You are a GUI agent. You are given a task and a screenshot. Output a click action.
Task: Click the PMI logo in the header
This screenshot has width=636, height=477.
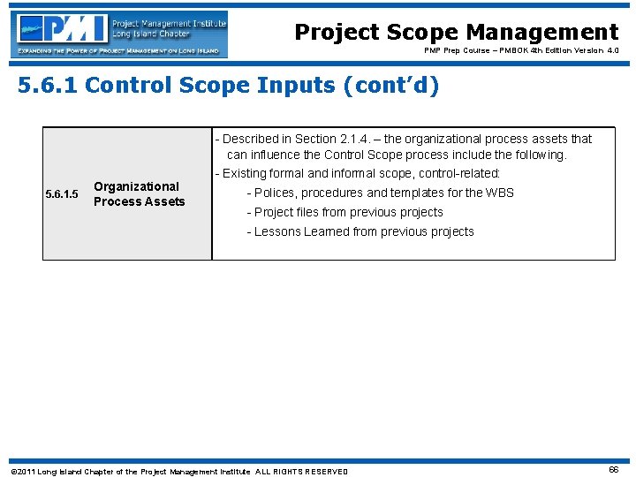pos(120,34)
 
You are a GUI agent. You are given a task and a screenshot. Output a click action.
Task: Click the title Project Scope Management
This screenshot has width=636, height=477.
pos(456,33)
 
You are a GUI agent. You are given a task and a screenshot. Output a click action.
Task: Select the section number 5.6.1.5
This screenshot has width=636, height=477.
pos(62,194)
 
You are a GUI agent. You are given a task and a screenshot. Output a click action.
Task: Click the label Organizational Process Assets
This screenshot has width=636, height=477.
pos(139,193)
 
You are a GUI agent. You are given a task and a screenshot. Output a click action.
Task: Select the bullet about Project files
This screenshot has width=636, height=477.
pos(344,212)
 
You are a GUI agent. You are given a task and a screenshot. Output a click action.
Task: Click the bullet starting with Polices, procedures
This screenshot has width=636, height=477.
pos(380,193)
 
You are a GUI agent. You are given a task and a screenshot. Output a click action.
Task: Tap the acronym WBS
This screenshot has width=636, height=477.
pos(499,193)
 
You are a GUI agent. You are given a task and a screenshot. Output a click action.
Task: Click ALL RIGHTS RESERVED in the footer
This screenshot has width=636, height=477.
pos(301,472)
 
